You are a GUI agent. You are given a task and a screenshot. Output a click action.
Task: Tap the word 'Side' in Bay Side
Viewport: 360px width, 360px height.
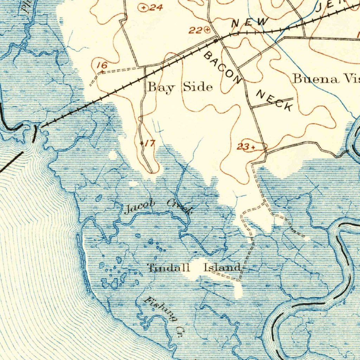click(197, 86)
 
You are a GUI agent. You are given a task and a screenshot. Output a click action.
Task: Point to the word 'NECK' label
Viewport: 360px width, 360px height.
click(275, 101)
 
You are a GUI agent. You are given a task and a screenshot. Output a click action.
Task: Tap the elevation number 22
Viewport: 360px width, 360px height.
click(195, 31)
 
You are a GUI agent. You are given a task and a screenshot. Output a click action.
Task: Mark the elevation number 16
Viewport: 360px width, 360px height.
click(102, 65)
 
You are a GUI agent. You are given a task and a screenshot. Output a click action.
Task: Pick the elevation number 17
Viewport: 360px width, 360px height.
click(150, 143)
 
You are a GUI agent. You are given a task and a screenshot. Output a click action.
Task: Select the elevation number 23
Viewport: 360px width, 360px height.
click(242, 147)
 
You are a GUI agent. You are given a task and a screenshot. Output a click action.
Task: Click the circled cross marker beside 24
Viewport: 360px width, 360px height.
click(143, 7)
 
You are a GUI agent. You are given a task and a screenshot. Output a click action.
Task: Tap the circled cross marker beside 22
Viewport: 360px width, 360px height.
click(207, 30)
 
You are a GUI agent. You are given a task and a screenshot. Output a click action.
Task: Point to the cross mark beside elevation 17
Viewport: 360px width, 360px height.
click(142, 143)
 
